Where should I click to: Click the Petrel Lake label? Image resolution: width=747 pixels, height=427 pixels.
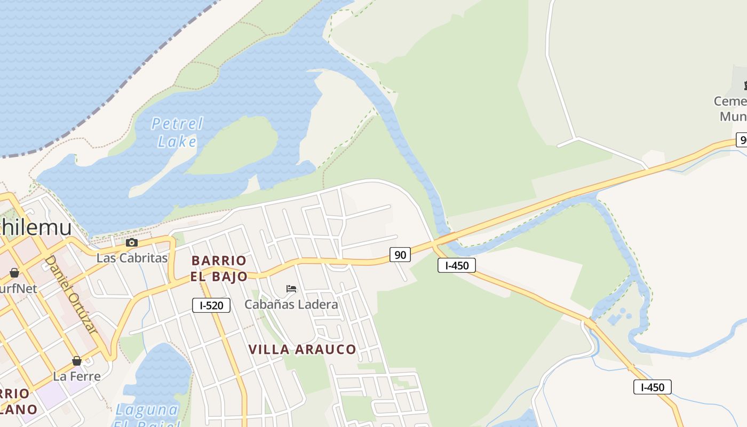(177, 132)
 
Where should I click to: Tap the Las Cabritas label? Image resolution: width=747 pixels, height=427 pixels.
(132, 258)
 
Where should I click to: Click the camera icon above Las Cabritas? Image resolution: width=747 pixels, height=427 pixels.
(131, 243)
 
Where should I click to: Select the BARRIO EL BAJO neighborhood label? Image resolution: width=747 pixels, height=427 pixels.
(219, 268)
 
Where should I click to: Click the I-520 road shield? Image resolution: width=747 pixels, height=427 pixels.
(211, 305)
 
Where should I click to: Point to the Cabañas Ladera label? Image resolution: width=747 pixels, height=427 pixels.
(291, 305)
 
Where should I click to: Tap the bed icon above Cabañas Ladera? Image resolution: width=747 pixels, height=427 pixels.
(291, 289)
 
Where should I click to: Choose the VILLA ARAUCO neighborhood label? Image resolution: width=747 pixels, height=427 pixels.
(302, 350)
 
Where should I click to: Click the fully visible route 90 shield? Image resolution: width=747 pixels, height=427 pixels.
(400, 255)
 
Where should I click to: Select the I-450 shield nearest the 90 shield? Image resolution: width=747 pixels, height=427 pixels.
(456, 265)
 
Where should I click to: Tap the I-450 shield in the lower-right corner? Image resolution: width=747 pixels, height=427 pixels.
(652, 387)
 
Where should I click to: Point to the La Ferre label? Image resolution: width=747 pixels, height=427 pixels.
(77, 376)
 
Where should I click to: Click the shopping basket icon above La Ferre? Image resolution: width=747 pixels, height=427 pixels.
(77, 361)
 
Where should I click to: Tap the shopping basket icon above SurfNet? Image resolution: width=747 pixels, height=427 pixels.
(14, 273)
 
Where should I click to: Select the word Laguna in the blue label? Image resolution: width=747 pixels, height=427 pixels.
(147, 410)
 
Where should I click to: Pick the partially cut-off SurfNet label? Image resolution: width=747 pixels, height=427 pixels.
(18, 289)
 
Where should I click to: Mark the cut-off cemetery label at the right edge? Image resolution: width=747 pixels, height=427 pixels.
(731, 108)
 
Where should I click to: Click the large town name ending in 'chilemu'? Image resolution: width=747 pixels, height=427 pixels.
(35, 227)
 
